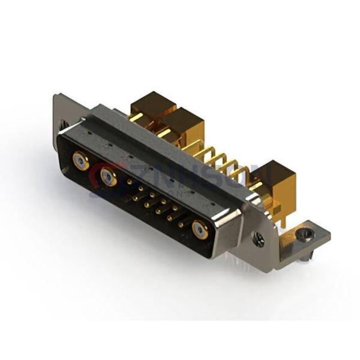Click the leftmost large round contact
(x=79, y=160)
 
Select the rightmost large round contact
(x=200, y=229)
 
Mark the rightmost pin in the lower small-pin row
(x=181, y=224)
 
